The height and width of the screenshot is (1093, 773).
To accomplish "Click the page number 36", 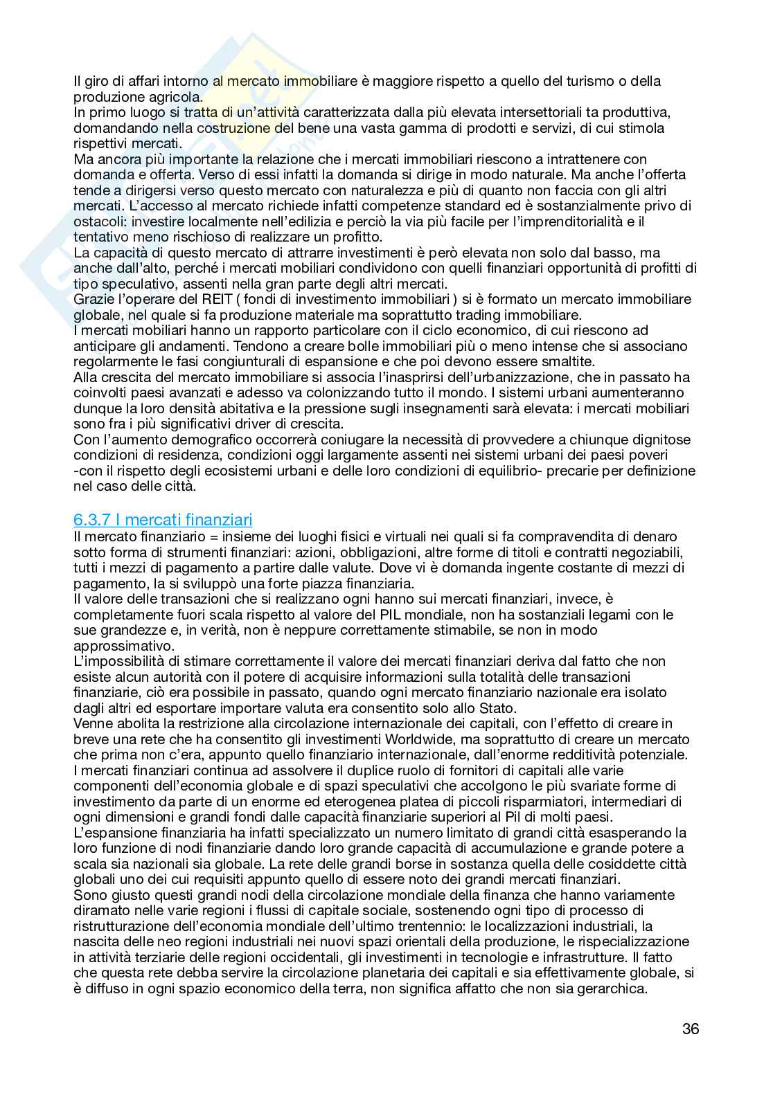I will tap(691, 1029).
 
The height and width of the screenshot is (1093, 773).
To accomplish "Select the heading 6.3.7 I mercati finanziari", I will tap(163, 519).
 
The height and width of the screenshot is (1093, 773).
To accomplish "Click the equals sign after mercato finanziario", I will tap(182, 536).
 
